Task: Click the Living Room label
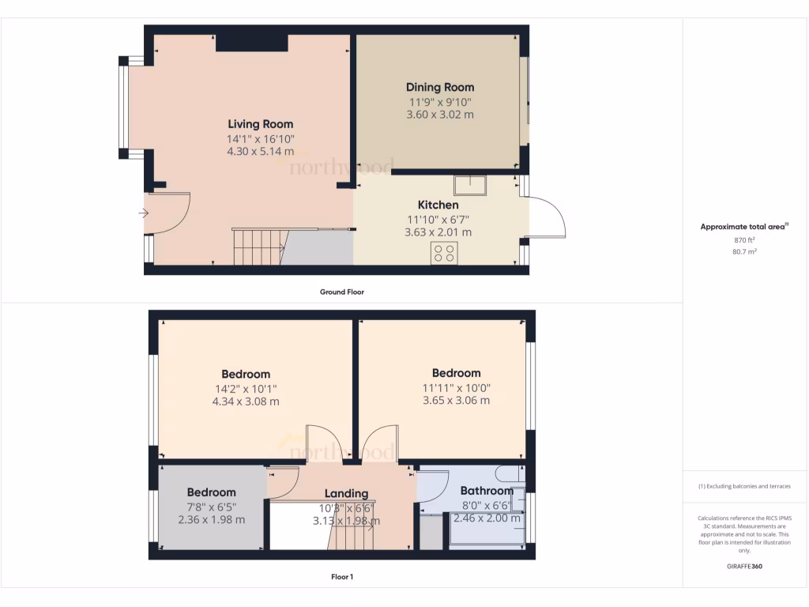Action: coord(260,124)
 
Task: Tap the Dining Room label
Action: coord(440,87)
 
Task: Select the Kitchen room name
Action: coord(438,205)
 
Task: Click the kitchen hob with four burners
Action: coord(443,253)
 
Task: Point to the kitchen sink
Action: coord(470,185)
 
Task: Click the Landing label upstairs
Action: coord(346,493)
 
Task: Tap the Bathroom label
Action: coord(487,491)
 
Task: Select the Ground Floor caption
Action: coord(341,292)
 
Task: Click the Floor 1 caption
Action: coord(341,577)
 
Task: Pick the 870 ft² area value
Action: coord(744,239)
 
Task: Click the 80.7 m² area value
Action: coord(744,251)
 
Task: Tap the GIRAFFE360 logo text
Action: coord(744,567)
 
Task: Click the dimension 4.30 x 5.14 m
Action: coord(260,152)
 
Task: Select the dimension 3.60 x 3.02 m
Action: coord(440,115)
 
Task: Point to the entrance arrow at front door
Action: coord(143,213)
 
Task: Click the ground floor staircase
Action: coord(258,247)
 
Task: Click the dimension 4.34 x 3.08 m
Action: coord(245,402)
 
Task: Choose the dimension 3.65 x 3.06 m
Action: coord(456,401)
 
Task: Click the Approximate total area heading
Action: coord(744,227)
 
